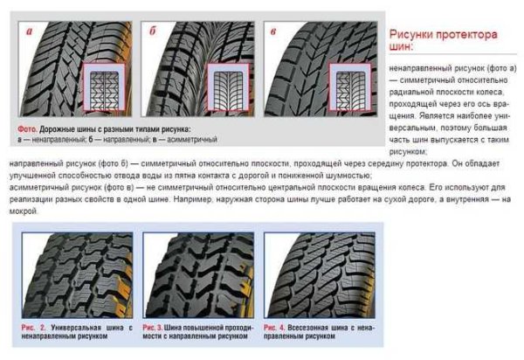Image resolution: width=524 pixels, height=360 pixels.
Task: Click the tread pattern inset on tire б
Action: pyautogui.click(x=230, y=90)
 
